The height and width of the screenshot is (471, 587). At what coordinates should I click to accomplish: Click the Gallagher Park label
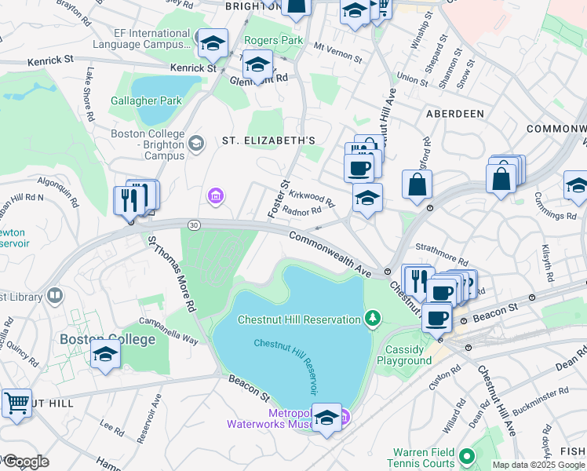[146, 100]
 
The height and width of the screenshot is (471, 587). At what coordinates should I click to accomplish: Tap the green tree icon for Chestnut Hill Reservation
[374, 319]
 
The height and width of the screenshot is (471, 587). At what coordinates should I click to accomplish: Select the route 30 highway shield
[193, 225]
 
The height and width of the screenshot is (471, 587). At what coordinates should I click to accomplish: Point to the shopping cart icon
[16, 403]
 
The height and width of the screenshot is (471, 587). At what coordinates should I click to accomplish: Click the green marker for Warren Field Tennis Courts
[467, 456]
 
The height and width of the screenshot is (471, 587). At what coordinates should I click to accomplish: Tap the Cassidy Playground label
[407, 355]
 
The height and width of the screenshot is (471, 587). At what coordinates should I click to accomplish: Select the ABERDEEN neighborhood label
[454, 114]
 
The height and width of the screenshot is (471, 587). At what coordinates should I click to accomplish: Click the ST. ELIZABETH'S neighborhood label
[268, 141]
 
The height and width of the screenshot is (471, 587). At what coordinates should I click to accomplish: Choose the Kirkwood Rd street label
[312, 196]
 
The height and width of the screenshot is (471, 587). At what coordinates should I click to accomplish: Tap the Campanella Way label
[168, 325]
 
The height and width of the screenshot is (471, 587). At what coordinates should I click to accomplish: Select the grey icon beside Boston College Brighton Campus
[196, 143]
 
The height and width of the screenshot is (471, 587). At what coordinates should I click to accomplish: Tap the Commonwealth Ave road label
[330, 252]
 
